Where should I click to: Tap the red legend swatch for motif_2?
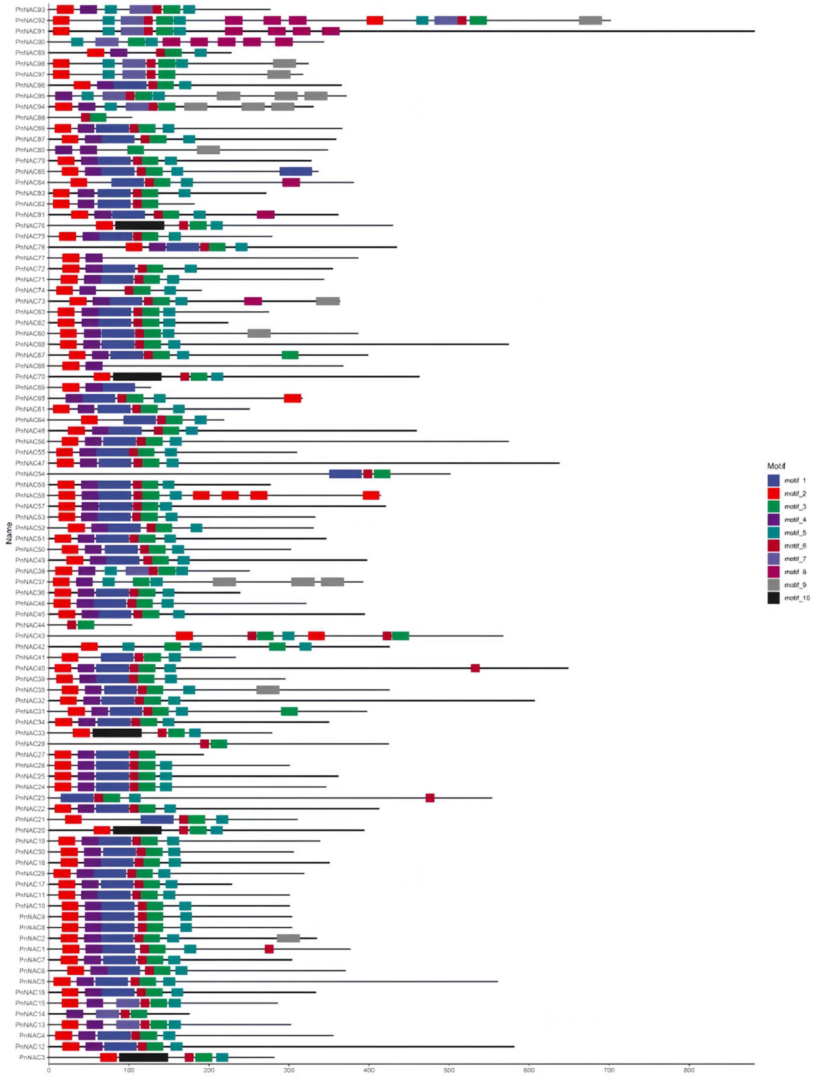tap(774, 494)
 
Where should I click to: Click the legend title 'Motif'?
tap(776, 466)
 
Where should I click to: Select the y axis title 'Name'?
tap(9, 533)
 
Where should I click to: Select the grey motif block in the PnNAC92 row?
tap(590, 20)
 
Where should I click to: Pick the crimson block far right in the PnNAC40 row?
tap(475, 668)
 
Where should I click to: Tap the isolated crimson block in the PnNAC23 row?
tap(430, 798)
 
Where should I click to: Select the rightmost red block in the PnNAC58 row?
tap(371, 496)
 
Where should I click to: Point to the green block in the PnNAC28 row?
tap(219, 743)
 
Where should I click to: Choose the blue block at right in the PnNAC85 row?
tap(295, 171)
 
